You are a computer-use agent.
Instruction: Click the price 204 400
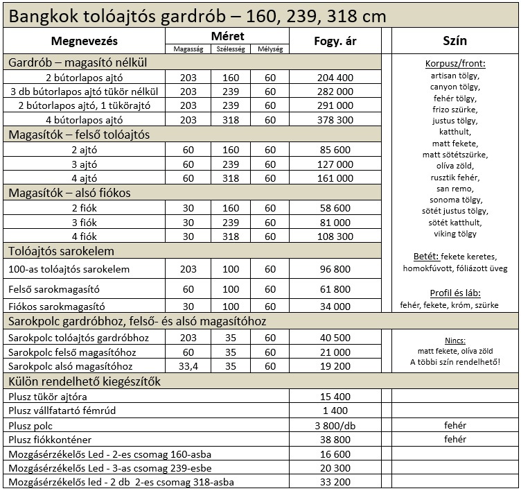[x=334, y=78]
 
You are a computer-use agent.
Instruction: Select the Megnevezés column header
[x=85, y=41]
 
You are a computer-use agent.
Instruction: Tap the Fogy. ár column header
[x=334, y=41]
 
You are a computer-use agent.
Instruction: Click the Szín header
[x=455, y=41]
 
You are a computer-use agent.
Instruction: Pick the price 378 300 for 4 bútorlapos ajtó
[x=334, y=119]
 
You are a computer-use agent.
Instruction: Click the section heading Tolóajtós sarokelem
[x=61, y=251]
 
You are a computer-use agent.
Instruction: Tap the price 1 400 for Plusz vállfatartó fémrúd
[x=334, y=411]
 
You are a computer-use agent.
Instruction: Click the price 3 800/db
[x=334, y=425]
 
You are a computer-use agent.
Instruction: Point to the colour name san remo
[x=455, y=189]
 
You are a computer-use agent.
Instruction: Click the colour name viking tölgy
[x=455, y=234]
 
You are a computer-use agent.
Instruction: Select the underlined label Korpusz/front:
[x=455, y=64]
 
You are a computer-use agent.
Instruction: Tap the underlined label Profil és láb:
[x=455, y=292]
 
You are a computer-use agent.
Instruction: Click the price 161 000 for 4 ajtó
[x=334, y=178]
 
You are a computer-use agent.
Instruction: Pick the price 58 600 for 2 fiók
[x=334, y=208]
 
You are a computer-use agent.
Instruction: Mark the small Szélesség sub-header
[x=229, y=49]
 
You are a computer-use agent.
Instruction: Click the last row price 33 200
[x=334, y=483]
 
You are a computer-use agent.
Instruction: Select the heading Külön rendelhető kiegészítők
[x=85, y=381]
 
